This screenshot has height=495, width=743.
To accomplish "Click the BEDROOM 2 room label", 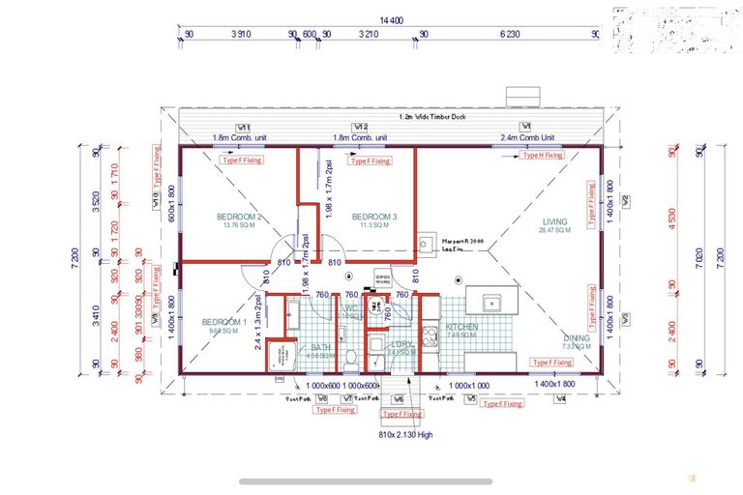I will (x=240, y=217).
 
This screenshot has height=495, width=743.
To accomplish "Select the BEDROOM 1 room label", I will (x=223, y=322).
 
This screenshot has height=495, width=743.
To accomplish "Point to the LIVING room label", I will (x=554, y=221).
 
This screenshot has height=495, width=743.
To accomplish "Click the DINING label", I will (x=577, y=338).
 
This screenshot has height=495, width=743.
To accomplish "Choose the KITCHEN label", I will (x=461, y=329).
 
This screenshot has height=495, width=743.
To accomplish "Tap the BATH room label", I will (x=320, y=348).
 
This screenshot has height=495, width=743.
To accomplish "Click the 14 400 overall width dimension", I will (x=391, y=19).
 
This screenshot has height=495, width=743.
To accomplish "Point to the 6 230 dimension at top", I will (x=510, y=33).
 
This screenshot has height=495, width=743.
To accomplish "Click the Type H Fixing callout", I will (x=541, y=155).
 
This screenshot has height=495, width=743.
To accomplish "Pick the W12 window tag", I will (x=360, y=128).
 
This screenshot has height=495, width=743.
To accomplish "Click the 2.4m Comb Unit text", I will (x=527, y=137).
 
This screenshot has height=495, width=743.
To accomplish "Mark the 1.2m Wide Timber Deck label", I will (x=431, y=116).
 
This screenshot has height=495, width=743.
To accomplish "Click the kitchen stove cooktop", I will (x=430, y=336).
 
